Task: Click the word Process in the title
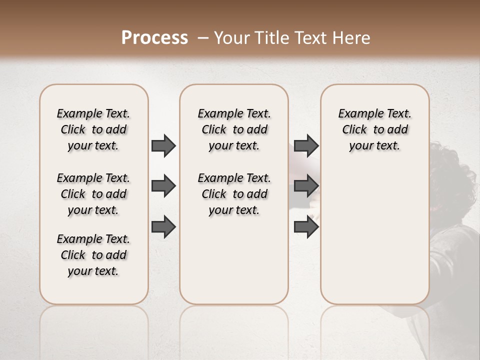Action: (154, 38)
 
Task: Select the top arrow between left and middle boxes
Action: (163, 145)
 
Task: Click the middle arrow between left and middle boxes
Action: (163, 186)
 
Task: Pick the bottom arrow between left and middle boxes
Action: (163, 227)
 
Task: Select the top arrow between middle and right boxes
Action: (306, 145)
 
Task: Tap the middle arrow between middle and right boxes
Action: (306, 186)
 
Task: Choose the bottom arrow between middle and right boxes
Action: (306, 227)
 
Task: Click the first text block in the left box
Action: (93, 129)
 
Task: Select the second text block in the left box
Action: (93, 194)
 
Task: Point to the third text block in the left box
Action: (93, 255)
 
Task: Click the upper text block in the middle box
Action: (234, 129)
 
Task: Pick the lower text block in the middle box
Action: (234, 194)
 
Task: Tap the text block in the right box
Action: (374, 129)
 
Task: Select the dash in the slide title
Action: (203, 38)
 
